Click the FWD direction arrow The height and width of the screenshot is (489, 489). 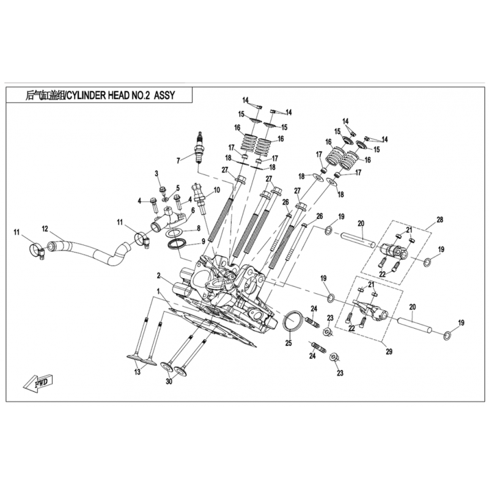coord(38,383)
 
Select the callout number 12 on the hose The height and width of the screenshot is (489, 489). coord(45,229)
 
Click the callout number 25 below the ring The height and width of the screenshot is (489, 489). coord(289,344)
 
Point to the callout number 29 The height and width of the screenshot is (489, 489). coord(389,352)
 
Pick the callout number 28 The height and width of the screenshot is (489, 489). coord(439,220)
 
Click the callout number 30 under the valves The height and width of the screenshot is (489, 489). coord(169,381)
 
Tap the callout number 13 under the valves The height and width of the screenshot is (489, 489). coord(137,372)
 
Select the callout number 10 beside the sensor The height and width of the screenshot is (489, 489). coord(217,190)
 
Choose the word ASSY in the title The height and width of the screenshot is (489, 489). coord(164,95)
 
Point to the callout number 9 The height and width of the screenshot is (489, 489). coord(204,241)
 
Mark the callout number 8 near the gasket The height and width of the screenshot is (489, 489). coord(198,229)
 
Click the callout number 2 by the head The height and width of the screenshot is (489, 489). coord(158,276)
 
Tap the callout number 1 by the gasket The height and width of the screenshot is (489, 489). coord(158,292)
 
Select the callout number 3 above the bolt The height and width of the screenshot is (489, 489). coord(157,174)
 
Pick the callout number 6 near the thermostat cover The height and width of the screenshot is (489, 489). coord(193,210)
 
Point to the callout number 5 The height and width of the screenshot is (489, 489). coord(178,188)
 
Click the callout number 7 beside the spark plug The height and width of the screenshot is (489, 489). coord(178,161)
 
